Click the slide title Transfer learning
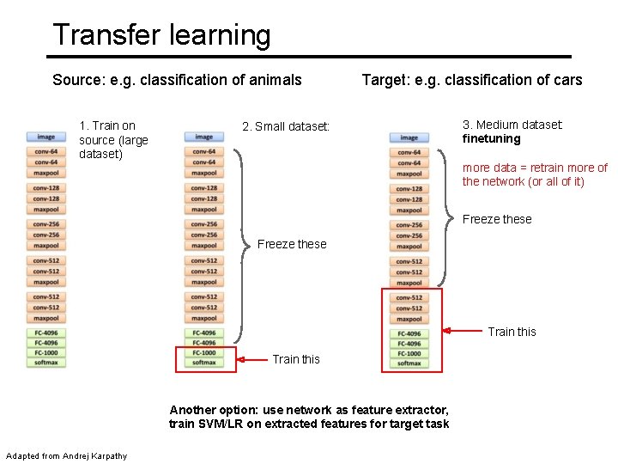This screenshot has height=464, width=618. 161,35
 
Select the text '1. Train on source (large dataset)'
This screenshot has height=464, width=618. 113,140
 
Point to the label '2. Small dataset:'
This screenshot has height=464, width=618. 286,127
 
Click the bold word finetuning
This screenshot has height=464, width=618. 491,138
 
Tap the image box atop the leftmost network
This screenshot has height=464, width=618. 45,136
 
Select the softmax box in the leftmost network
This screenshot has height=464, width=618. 45,363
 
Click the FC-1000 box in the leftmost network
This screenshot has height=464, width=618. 45,352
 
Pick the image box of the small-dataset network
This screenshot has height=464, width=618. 203,137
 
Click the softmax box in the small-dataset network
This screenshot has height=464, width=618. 203,363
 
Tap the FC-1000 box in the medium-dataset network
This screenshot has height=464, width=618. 409,353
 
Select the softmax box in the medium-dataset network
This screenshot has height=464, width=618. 409,363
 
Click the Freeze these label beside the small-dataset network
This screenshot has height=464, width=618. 292,244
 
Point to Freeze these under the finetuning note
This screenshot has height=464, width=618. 497,219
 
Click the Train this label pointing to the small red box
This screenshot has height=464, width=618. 295,359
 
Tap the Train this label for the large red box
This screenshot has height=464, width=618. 512,332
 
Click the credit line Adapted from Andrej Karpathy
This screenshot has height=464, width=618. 66,455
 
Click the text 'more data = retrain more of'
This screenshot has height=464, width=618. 535,168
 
